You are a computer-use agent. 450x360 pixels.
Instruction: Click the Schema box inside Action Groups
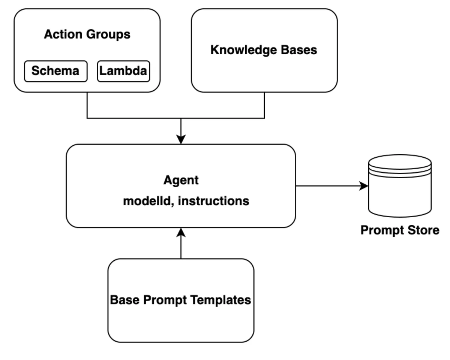coord(55,71)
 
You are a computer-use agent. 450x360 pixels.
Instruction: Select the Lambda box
coord(123,71)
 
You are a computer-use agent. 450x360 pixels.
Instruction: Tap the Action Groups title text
coord(87,34)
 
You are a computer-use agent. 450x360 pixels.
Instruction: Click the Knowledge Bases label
coord(264,50)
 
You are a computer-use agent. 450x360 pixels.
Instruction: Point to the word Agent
coord(181,180)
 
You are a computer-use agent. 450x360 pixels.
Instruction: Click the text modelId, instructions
coord(186,201)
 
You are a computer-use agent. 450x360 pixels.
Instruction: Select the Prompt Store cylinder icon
coord(400,186)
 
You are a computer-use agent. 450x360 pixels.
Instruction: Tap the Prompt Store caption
coord(400,230)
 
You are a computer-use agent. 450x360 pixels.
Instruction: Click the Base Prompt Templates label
coord(180,300)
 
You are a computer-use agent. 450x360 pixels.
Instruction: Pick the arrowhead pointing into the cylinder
coord(364,186)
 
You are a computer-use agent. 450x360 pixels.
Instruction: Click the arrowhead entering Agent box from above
coord(181,140)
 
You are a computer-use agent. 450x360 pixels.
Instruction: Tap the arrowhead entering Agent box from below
coord(181,233)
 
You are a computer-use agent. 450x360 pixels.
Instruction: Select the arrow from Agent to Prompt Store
coord(330,186)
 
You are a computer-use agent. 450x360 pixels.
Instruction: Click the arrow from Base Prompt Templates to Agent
coord(181,245)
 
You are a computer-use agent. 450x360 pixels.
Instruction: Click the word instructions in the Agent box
coord(213,201)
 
